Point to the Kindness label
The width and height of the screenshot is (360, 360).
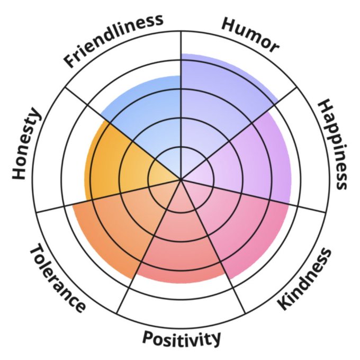(305, 279)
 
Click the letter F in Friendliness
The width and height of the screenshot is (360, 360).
(69, 62)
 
